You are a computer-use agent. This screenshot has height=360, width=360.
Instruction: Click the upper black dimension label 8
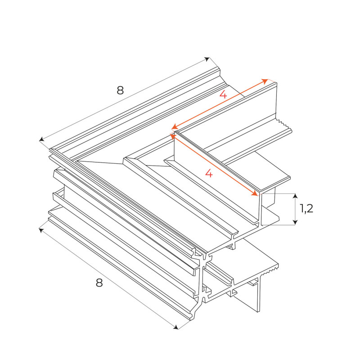(120, 90)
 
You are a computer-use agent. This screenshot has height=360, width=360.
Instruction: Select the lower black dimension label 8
(99, 283)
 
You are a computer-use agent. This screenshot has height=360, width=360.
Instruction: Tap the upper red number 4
(223, 94)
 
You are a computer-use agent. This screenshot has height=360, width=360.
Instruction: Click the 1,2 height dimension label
(306, 208)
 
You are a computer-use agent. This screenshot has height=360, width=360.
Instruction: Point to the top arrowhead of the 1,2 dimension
(295, 196)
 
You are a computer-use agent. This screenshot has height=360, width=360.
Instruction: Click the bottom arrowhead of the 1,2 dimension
(295, 222)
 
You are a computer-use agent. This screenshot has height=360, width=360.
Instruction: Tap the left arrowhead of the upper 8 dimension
(41, 139)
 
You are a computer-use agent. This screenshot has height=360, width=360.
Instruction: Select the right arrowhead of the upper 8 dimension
(207, 59)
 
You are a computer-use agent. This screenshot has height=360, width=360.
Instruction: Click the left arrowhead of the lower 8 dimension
(41, 229)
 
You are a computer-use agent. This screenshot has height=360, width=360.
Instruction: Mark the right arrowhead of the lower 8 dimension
(175, 327)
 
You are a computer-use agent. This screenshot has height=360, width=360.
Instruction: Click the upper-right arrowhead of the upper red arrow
(265, 81)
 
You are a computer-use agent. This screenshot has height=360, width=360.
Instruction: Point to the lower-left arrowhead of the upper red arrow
(174, 127)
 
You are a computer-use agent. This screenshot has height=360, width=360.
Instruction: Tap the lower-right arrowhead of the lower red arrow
(255, 194)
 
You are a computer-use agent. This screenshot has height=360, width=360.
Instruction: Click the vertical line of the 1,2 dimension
(295, 209)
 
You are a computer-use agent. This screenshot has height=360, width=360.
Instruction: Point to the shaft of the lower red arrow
(214, 165)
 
